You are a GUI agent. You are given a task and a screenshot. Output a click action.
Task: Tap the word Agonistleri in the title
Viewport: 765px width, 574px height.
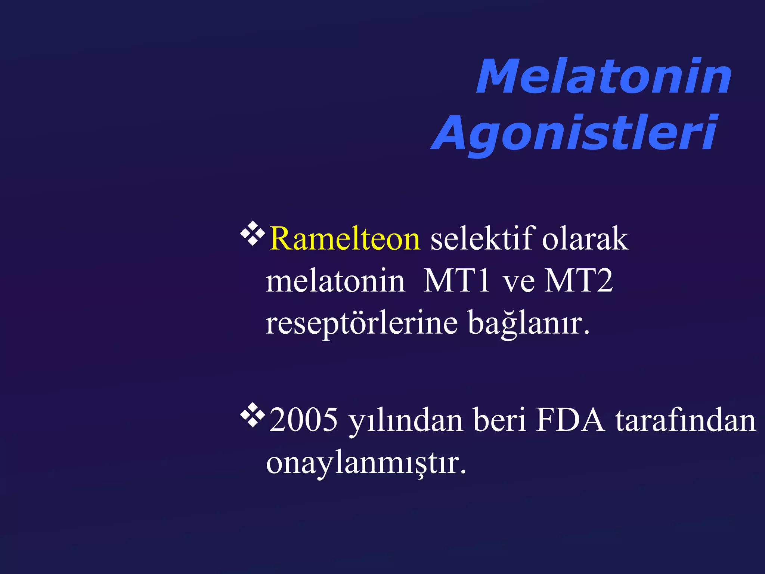point(574,133)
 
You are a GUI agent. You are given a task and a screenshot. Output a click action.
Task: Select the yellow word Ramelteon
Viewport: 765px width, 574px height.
point(345,239)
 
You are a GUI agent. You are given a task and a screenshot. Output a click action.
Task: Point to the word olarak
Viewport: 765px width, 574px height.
point(585,239)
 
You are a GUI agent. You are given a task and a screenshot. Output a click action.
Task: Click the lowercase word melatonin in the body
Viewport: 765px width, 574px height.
point(335,281)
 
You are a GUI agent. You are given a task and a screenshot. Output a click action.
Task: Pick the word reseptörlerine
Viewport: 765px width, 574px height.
point(361,323)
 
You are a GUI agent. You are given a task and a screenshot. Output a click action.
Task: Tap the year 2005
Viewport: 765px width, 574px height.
point(303,420)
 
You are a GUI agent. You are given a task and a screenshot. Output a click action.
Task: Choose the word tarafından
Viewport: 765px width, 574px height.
point(685,420)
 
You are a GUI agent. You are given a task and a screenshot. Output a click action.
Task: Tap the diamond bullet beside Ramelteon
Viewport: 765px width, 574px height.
point(253,234)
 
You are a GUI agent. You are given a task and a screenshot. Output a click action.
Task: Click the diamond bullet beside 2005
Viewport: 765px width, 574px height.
point(253,415)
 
